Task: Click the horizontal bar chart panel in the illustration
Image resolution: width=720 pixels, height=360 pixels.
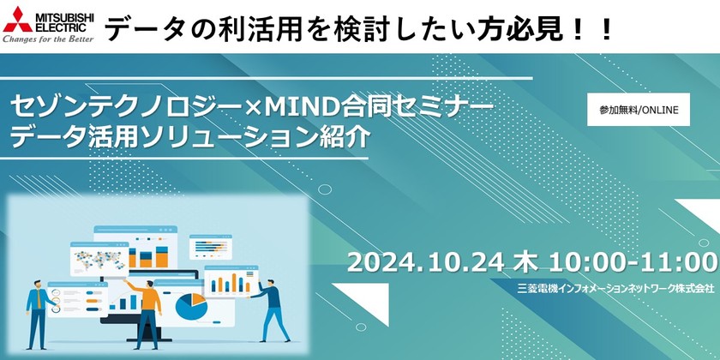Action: click(209, 245)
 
